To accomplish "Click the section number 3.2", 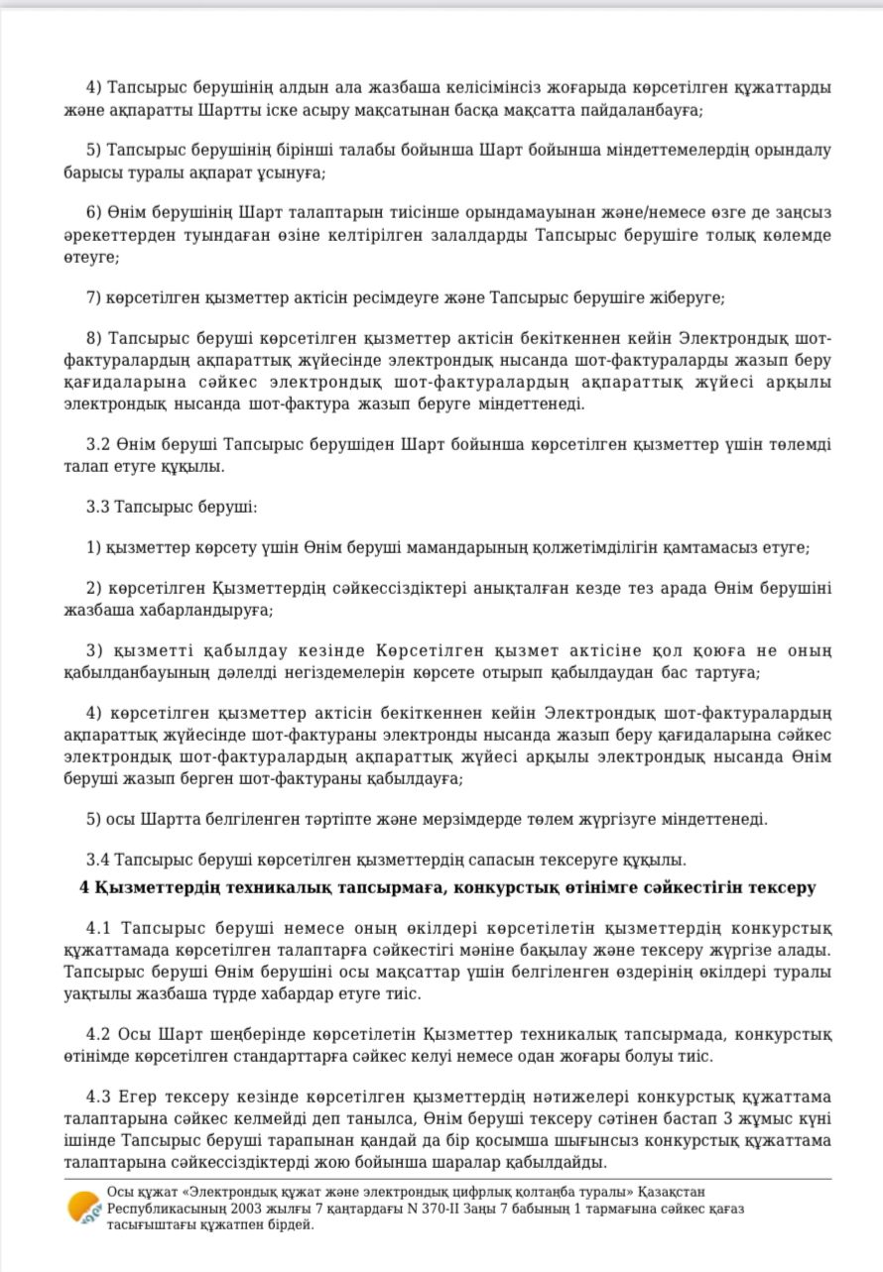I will (97, 444).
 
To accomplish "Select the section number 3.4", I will (97, 860).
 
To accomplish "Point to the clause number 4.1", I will (99, 928).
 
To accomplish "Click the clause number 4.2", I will (99, 1035).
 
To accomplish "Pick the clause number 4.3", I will (99, 1097).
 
